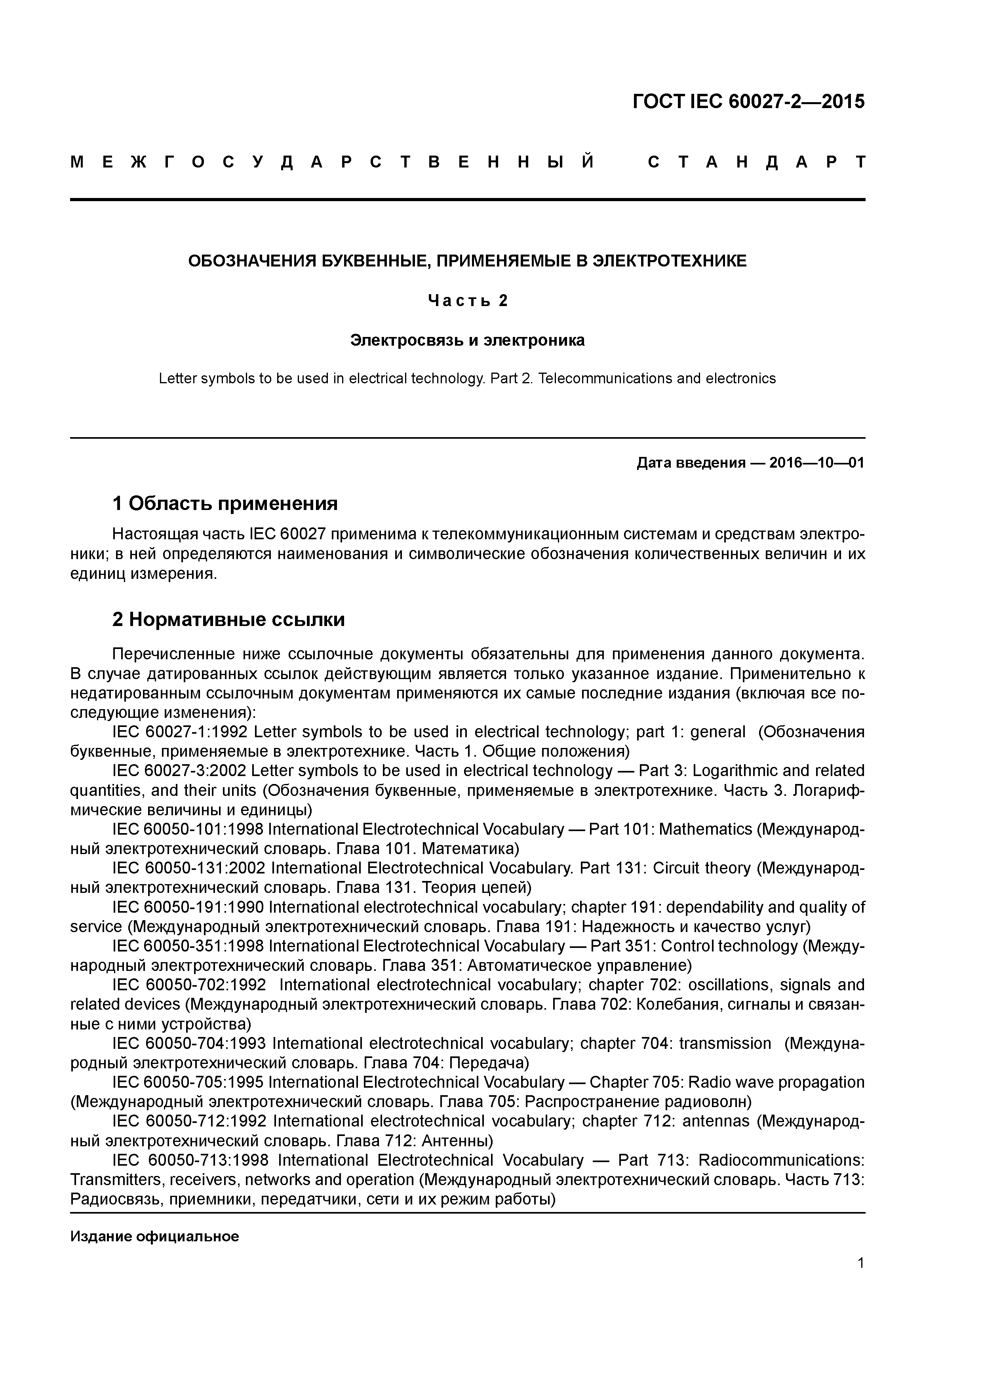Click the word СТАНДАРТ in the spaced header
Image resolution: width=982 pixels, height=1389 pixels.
(756, 162)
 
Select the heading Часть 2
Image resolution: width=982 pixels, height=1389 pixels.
(468, 300)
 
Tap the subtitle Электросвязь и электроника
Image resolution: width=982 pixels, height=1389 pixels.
(467, 341)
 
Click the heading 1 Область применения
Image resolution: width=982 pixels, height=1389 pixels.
(225, 503)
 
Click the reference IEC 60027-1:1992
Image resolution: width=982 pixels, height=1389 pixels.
(180, 732)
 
